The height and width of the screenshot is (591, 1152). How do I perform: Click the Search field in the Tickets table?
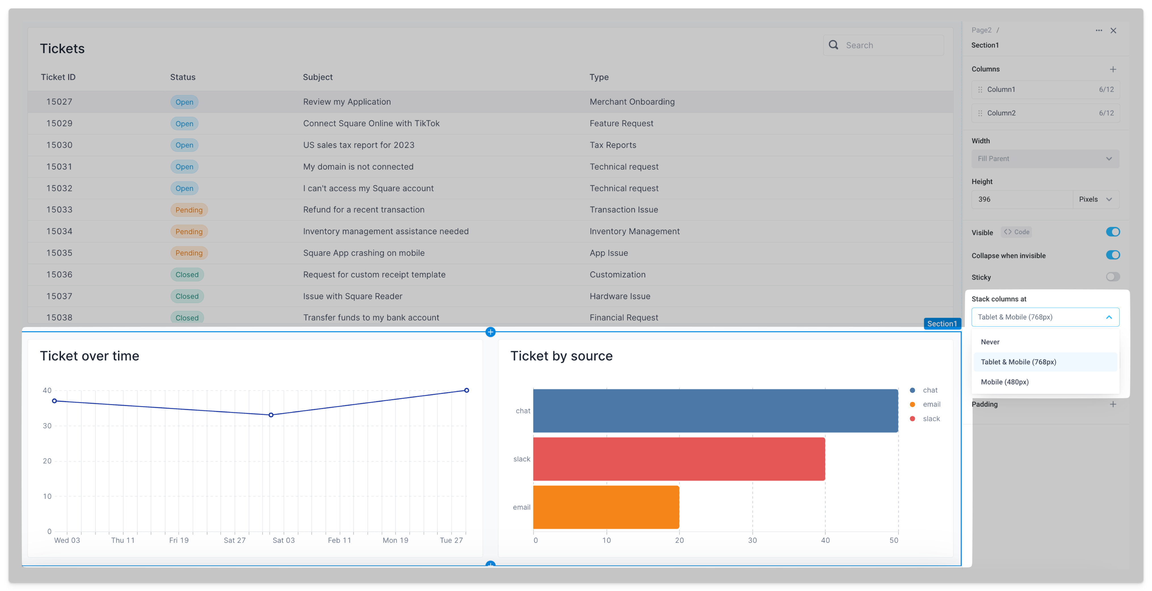tap(890, 45)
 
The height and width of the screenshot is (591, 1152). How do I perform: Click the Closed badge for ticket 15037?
tap(187, 296)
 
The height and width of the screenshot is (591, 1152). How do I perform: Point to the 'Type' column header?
tap(599, 77)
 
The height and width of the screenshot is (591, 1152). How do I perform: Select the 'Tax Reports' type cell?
tap(613, 145)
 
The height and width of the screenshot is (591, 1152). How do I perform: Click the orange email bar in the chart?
tap(606, 507)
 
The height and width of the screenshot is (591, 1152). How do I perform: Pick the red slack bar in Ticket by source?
tap(678, 459)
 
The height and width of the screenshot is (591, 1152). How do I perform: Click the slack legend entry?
tap(931, 419)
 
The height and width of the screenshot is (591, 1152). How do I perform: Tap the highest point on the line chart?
tap(466, 390)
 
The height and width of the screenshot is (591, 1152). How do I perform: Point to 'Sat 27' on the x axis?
tap(234, 540)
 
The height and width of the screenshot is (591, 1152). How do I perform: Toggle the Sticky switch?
tap(1113, 277)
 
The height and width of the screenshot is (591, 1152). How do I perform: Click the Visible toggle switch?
tap(1113, 232)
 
